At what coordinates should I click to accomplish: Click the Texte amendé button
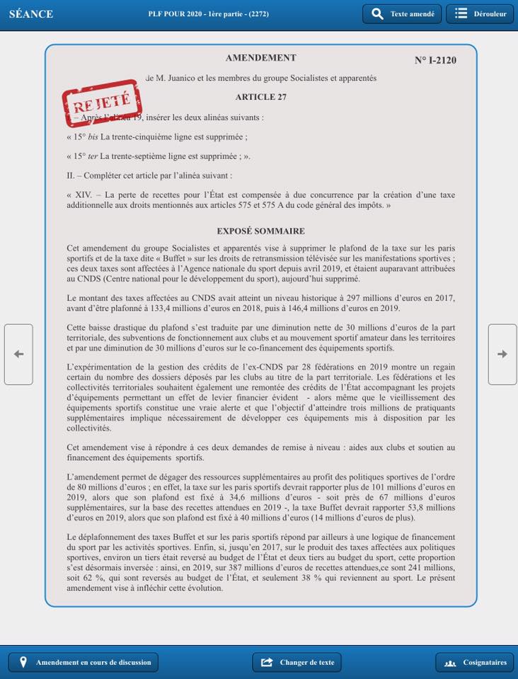(402, 14)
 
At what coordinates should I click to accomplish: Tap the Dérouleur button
(479, 14)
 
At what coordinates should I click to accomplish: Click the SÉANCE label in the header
(31, 14)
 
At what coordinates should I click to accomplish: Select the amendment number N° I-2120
(435, 60)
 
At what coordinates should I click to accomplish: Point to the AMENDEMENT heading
(260, 58)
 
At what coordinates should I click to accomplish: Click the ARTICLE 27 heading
(260, 97)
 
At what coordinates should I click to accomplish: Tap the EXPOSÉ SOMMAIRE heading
(260, 231)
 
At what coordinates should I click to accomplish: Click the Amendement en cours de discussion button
(84, 662)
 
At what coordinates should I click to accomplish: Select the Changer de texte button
(297, 662)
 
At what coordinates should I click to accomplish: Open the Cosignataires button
(476, 662)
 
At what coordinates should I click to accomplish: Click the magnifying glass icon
(377, 14)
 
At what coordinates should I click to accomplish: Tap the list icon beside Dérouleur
(461, 14)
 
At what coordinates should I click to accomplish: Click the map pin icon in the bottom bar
(23, 662)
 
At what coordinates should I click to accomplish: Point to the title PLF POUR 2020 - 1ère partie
(208, 14)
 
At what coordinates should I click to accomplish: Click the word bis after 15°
(93, 137)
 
